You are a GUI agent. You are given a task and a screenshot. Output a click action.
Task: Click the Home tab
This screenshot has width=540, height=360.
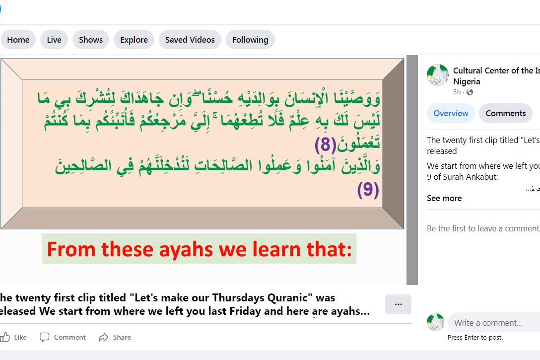(18, 40)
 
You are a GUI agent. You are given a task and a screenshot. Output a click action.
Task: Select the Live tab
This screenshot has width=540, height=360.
(54, 40)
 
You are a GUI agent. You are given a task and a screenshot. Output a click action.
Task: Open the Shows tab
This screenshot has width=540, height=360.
(90, 40)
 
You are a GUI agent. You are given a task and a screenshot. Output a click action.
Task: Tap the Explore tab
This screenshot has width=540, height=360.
(134, 40)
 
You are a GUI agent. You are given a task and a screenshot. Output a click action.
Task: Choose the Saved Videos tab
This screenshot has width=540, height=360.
(190, 40)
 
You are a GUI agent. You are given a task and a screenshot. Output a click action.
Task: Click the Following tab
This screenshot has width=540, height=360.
(250, 40)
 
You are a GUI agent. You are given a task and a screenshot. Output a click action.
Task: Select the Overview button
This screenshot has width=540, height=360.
(451, 113)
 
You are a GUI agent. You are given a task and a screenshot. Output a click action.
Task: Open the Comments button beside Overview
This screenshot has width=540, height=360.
(506, 113)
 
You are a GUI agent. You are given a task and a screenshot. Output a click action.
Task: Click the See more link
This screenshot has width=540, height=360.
(444, 198)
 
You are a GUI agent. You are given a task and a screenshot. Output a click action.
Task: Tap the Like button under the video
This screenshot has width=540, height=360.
(14, 337)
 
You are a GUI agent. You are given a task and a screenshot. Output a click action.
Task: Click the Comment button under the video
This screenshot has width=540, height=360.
(63, 337)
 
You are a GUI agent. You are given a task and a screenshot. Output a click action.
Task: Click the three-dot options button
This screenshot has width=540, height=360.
(398, 304)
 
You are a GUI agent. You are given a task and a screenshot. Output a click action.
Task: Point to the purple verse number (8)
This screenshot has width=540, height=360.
(325, 144)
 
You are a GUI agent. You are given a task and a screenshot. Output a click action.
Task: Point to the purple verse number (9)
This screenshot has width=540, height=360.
(368, 190)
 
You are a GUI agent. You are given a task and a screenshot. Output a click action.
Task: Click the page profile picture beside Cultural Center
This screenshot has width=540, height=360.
(438, 75)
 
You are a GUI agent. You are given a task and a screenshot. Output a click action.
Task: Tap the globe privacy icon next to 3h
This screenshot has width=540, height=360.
(470, 92)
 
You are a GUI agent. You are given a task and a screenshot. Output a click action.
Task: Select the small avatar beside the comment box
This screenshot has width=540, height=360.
(435, 322)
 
